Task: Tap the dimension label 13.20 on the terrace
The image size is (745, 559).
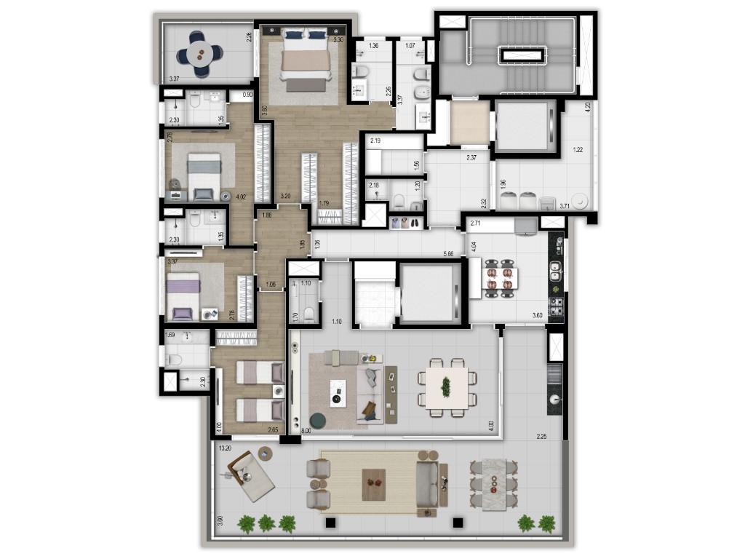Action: click(x=225, y=448)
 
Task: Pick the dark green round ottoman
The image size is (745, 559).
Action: click(x=319, y=421)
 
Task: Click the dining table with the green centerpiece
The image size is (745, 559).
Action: click(x=446, y=386)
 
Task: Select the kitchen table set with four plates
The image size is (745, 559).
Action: click(x=500, y=278)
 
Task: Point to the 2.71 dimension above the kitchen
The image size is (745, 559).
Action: click(x=476, y=223)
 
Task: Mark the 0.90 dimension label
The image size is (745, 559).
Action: click(x=247, y=95)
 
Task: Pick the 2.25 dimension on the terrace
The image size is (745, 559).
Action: click(x=541, y=437)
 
